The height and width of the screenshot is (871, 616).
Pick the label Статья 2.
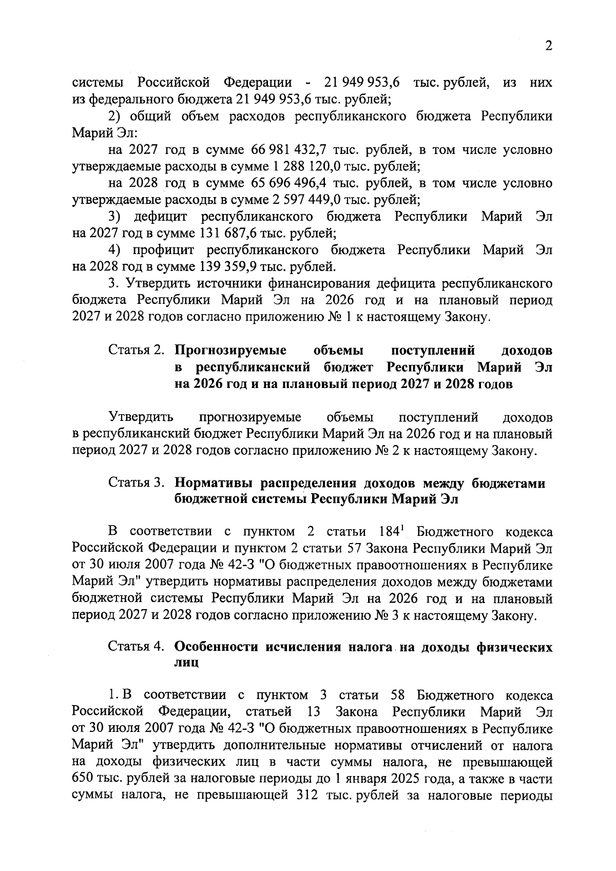tap(136, 351)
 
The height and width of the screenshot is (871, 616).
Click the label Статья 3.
tap(136, 483)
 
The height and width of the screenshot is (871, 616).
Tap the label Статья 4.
tap(136, 647)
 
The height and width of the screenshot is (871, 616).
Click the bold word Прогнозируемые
tap(230, 351)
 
